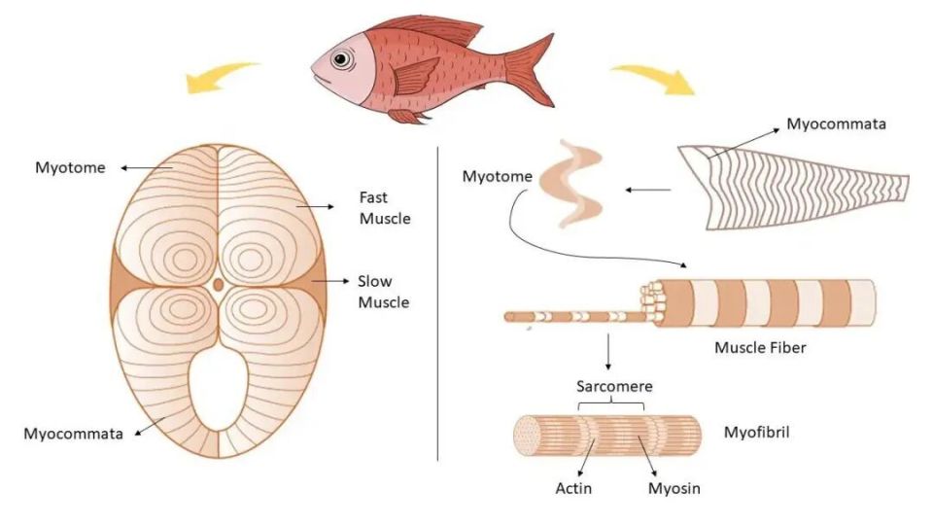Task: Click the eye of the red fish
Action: point(341,59)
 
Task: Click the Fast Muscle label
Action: point(385,208)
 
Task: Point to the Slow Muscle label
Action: point(383,292)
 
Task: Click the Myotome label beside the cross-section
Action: point(70,168)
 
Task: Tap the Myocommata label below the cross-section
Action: point(73,434)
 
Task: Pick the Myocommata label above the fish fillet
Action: point(836,123)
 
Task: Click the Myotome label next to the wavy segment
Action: point(497,176)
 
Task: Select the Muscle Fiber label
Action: point(760,347)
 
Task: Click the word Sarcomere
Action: point(614,386)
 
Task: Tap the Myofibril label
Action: point(756,432)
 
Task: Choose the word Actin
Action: point(573,489)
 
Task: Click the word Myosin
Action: point(674,489)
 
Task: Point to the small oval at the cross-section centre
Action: point(219,285)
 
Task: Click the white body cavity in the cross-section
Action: point(219,387)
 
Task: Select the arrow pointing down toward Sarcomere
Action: point(607,352)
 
